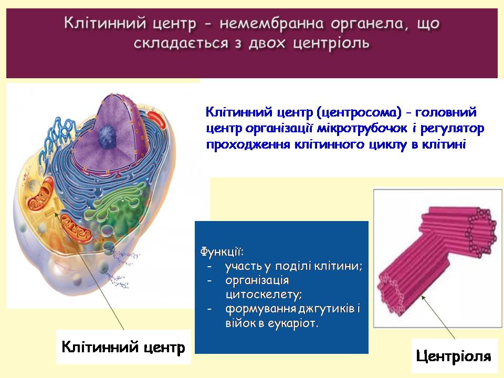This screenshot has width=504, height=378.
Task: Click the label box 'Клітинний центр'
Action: [x=123, y=347]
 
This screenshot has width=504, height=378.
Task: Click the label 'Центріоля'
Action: [x=454, y=356]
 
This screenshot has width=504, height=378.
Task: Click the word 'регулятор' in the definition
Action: [x=457, y=129]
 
